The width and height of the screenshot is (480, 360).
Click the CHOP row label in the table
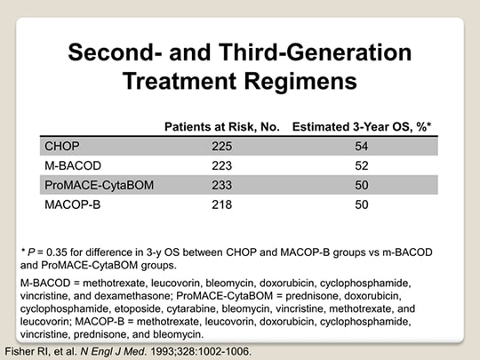[62, 146]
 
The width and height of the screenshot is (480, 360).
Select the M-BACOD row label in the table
[73, 165]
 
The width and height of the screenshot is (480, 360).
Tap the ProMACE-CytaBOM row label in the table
[100, 185]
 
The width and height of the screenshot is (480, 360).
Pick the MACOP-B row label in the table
[73, 204]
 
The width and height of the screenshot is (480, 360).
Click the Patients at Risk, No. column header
[222, 127]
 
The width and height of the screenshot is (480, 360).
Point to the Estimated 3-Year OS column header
[362, 127]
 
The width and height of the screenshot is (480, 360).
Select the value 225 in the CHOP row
[222, 147]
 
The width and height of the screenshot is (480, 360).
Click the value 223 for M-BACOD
[222, 166]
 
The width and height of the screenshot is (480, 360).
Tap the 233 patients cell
[222, 185]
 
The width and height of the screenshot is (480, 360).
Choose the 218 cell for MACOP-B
[222, 204]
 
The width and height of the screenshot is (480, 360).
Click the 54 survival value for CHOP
[362, 147]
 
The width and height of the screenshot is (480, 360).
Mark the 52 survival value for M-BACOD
[362, 166]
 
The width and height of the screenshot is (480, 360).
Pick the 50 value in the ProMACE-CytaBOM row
[362, 185]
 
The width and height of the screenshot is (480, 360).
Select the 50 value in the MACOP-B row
[362, 204]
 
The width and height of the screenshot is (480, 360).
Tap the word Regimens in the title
[300, 82]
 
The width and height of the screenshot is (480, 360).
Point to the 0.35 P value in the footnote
[57, 252]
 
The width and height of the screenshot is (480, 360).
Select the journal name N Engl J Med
[114, 351]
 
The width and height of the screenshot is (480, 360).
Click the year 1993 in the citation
[162, 351]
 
